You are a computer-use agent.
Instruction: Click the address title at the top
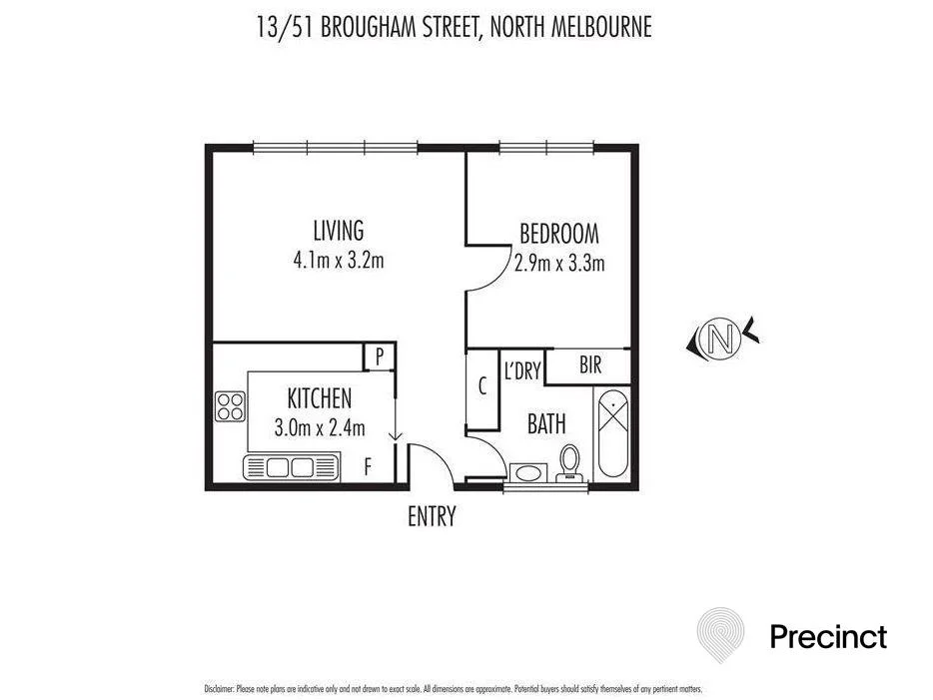(x=454, y=26)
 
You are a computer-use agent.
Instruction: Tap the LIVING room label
(x=338, y=232)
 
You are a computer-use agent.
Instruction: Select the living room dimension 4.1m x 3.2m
(x=338, y=263)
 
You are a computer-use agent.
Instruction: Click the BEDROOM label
(x=559, y=235)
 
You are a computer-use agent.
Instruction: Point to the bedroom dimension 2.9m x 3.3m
(x=559, y=265)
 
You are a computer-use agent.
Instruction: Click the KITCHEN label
(x=320, y=399)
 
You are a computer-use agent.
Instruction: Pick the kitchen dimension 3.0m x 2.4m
(x=320, y=429)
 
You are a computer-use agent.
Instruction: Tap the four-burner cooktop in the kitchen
(x=231, y=406)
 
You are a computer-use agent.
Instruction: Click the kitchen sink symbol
(x=291, y=466)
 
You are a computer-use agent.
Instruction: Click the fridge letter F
(x=368, y=466)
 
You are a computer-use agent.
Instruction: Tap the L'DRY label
(x=521, y=371)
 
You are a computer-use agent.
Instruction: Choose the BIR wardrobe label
(x=590, y=366)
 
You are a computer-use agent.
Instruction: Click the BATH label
(x=546, y=424)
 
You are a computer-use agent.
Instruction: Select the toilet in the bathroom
(x=570, y=462)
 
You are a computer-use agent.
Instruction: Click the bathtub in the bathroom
(x=611, y=436)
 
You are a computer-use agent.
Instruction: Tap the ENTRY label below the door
(x=432, y=516)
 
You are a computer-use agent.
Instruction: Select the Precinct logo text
(x=828, y=636)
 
